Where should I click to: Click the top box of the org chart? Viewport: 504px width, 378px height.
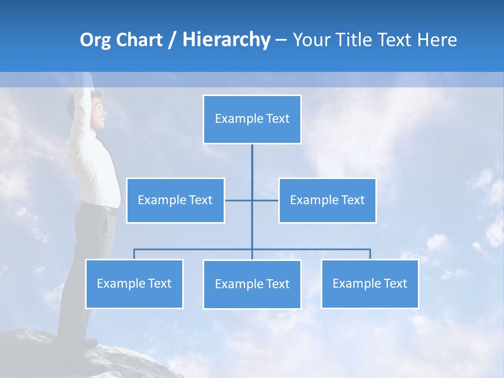pyautogui.click(x=252, y=119)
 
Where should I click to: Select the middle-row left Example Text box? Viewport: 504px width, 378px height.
pyautogui.click(x=175, y=201)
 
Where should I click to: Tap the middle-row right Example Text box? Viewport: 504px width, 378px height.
pyautogui.click(x=327, y=201)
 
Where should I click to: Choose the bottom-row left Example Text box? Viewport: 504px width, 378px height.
pyautogui.click(x=134, y=284)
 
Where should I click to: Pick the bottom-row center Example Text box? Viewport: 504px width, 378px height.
pyautogui.click(x=252, y=285)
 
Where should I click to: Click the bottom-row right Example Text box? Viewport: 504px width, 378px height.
pyautogui.click(x=370, y=284)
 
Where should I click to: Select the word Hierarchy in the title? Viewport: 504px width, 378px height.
pyautogui.click(x=226, y=40)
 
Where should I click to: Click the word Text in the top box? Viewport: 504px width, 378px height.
pyautogui.click(x=278, y=119)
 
